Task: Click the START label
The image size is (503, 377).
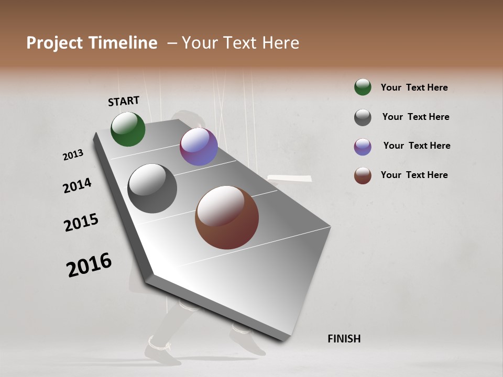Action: coord(124,101)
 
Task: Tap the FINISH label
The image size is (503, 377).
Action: coord(344,339)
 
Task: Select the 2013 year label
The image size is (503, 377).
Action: coord(73,155)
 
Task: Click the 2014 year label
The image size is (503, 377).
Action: coord(77,185)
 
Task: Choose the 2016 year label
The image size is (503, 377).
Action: coord(89,265)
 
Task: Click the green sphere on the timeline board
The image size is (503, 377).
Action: coord(128,129)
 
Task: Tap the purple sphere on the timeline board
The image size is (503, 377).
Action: coord(199,147)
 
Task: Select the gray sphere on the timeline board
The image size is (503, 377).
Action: coord(152,188)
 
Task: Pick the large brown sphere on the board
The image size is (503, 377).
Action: coord(227,217)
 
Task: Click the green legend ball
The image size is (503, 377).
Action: coord(363,87)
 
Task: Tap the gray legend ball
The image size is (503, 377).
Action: coord(363,117)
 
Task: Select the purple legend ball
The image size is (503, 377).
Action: coord(363,147)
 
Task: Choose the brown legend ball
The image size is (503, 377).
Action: coord(363,175)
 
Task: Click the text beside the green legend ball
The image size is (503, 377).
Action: coord(414,87)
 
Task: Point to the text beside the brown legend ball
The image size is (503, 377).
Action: coord(414,175)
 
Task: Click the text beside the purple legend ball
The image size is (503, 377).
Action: coord(417,146)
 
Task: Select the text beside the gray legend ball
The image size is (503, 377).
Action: coord(415,117)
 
